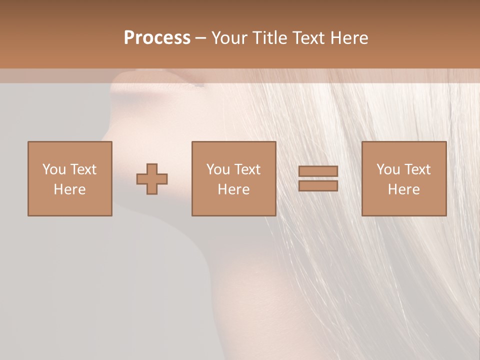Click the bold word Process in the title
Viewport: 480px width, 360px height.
157,38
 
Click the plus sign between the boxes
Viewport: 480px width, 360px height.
152,179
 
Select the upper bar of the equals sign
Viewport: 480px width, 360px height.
318,171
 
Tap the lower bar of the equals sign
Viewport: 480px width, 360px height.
318,186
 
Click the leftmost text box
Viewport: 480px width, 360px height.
70,178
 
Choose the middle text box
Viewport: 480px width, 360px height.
233,178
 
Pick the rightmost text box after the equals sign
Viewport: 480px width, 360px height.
404,178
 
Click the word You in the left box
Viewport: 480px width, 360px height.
54,169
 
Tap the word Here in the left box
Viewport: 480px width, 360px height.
69,189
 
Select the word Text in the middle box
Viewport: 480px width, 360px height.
247,169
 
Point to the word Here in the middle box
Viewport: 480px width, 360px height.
233,189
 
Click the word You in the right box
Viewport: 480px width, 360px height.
388,169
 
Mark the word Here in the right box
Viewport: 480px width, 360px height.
403,189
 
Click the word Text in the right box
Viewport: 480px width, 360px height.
417,169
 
